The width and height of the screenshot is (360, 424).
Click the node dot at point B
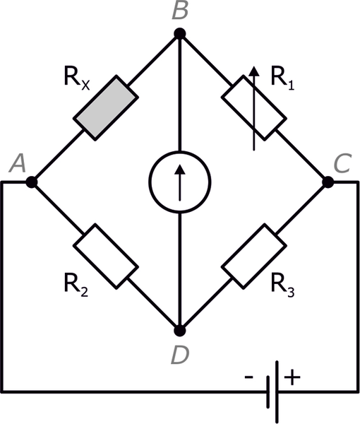[179, 34]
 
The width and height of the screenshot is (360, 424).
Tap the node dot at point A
[32, 182]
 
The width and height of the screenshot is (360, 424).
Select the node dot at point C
[328, 182]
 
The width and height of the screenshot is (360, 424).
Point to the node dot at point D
[179, 331]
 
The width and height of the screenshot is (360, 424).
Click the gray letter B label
[180, 11]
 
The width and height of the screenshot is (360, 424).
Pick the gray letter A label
[18, 163]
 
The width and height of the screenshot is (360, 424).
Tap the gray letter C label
[342, 163]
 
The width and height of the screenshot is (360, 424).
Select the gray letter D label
[179, 355]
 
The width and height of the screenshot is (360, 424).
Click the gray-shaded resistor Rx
[106, 108]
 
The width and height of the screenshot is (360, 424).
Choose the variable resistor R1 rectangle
[254, 108]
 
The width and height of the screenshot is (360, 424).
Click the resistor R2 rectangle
[106, 256]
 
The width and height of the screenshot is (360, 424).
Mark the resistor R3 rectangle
[254, 256]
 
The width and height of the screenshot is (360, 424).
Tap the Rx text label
[77, 77]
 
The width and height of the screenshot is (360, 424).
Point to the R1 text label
[282, 77]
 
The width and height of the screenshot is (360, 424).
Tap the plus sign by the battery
[292, 377]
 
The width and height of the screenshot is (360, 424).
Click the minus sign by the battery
[248, 377]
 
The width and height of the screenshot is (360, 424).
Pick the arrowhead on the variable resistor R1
[254, 71]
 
